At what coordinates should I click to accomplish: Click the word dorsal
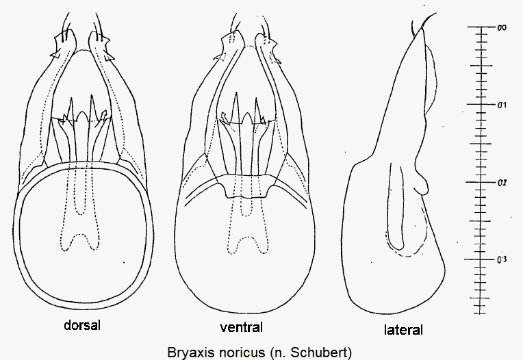click(82, 325)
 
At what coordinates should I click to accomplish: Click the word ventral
click(241, 327)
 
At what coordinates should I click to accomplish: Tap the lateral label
click(403, 330)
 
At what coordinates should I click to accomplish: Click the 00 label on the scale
click(502, 27)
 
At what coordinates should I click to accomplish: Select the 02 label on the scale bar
click(502, 183)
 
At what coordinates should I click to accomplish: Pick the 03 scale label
click(502, 259)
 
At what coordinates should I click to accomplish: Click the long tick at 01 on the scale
click(481, 104)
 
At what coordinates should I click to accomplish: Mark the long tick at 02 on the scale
click(481, 182)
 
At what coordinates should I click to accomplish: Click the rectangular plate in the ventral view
click(246, 185)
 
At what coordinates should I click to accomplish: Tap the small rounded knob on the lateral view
click(422, 185)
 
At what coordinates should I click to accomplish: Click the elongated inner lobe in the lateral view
click(395, 207)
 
